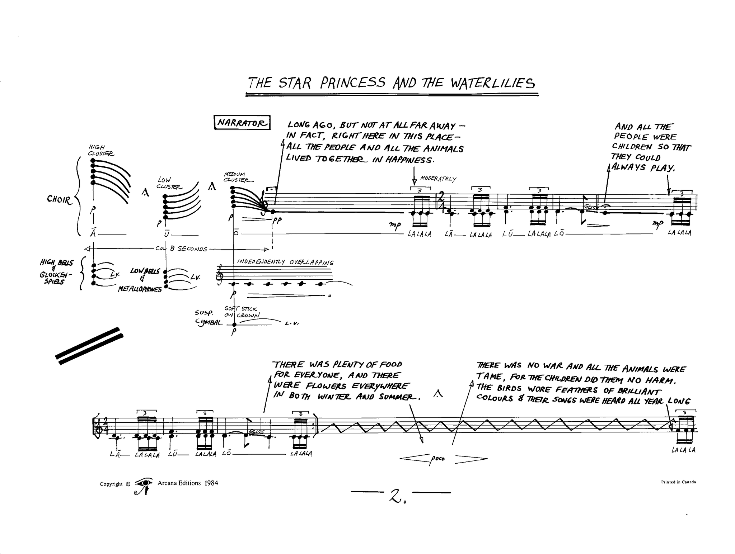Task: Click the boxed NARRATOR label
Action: pos(242,123)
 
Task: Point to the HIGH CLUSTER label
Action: pos(101,150)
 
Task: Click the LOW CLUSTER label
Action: pos(169,183)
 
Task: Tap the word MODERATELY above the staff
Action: pos(438,179)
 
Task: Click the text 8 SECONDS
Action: pos(189,249)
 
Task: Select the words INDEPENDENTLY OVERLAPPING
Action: pos(285,262)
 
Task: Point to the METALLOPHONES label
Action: pos(140,289)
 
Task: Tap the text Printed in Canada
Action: pos(678,482)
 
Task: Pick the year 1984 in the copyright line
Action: pos(211,483)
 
